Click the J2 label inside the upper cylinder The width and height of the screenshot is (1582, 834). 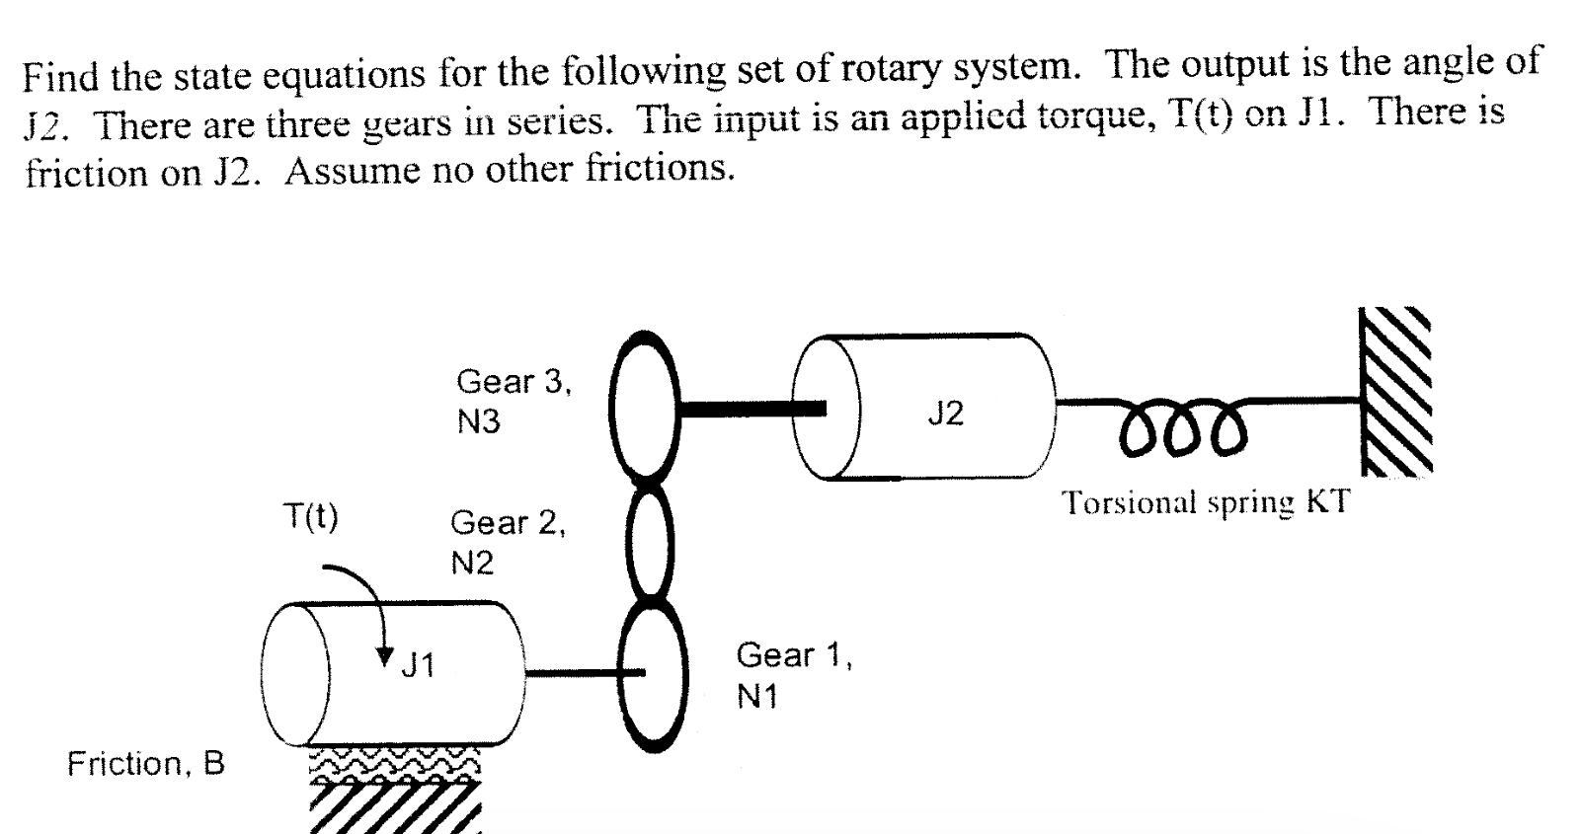point(946,414)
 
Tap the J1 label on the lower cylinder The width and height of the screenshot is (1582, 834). point(418,665)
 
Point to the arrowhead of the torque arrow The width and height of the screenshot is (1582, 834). point(385,657)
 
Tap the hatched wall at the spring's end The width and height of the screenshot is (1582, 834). point(1396,392)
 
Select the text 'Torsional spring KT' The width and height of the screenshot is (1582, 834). point(1206,502)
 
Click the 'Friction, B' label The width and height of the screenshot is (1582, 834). point(145,764)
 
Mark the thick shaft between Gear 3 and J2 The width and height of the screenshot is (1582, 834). point(751,409)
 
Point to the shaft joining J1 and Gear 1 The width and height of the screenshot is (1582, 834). point(585,673)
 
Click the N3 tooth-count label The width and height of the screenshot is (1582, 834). point(478,422)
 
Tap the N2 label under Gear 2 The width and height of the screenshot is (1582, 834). point(472,563)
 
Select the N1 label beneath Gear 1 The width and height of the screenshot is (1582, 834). point(756,697)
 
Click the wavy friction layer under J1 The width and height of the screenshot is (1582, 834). point(395,764)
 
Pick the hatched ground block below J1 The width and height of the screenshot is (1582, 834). point(395,807)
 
